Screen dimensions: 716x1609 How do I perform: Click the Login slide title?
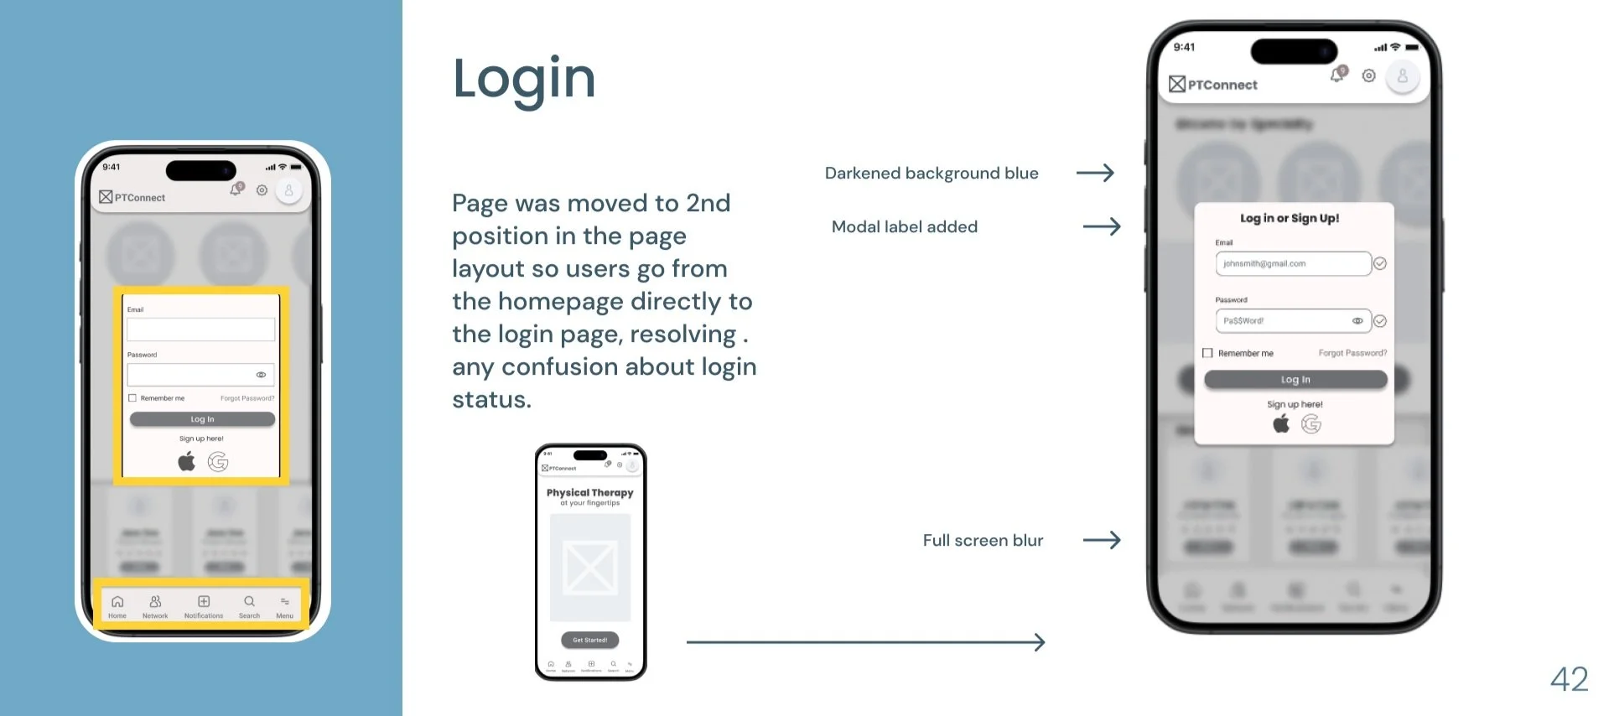click(x=524, y=79)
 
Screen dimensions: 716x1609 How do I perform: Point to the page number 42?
click(x=1569, y=679)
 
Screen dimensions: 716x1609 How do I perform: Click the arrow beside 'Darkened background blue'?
click(x=1095, y=173)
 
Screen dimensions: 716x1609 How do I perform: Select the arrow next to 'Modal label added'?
click(x=1102, y=226)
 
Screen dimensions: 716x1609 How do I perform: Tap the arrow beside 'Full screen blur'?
click(x=1102, y=540)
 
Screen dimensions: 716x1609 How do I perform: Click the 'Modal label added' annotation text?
click(x=904, y=226)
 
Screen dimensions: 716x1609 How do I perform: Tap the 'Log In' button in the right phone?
click(x=1295, y=380)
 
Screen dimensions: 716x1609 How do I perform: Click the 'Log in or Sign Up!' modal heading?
click(x=1290, y=218)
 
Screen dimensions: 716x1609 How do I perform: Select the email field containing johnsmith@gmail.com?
click(x=1292, y=263)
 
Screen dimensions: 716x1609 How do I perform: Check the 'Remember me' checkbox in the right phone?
click(x=1207, y=353)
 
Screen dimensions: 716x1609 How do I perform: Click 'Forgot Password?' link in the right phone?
click(x=1352, y=353)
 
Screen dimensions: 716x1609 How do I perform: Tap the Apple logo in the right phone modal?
click(x=1281, y=424)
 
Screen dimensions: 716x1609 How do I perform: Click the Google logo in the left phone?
click(x=218, y=461)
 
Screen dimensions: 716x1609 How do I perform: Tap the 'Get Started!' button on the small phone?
click(x=589, y=640)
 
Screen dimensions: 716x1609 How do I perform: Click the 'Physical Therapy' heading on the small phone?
click(x=589, y=493)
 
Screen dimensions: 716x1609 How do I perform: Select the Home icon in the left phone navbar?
click(x=117, y=602)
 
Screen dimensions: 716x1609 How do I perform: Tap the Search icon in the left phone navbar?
click(x=249, y=602)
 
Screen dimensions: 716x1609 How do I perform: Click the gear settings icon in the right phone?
click(x=1368, y=75)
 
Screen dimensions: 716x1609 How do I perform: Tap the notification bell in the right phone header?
click(x=1337, y=75)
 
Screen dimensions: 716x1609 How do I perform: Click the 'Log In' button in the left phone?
click(x=202, y=419)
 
